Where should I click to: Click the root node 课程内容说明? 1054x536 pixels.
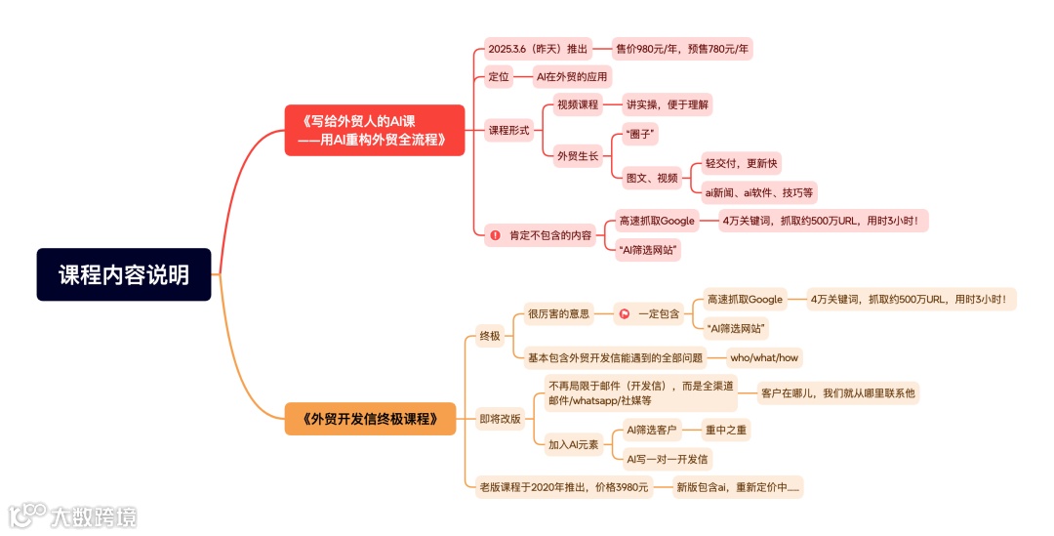tap(124, 274)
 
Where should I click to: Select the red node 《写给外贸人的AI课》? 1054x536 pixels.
tap(374, 130)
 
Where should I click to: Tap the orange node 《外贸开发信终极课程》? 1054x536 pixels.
tap(371, 419)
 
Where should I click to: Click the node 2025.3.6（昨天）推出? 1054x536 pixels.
tap(537, 49)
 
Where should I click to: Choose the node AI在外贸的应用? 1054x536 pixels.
tap(571, 76)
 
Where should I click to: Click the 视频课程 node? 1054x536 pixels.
tap(577, 104)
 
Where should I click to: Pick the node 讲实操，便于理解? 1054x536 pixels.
tap(669, 104)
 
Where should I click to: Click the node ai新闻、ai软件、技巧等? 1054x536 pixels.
tap(759, 192)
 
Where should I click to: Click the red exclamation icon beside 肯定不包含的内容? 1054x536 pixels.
tap(496, 235)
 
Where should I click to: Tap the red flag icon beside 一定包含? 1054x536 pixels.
tap(625, 313)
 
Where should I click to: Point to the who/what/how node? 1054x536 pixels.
tap(764, 357)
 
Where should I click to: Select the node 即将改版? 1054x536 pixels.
tap(501, 419)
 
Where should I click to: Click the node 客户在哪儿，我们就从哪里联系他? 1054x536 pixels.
tap(839, 393)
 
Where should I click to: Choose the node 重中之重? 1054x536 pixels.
tap(727, 429)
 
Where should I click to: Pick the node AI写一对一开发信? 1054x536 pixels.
tap(668, 458)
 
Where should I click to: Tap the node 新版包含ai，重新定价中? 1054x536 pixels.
tap(738, 486)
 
